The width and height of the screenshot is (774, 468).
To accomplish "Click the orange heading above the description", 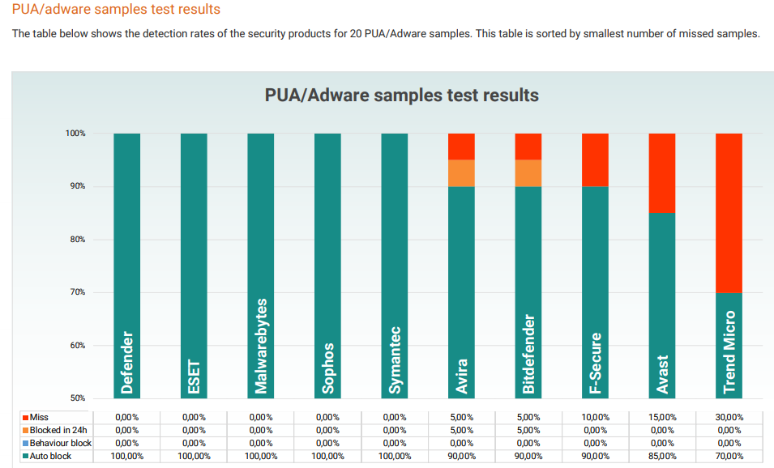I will (116, 10).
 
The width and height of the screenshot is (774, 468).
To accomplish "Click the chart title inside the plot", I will (401, 96).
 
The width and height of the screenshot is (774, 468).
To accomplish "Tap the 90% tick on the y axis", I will (76, 186).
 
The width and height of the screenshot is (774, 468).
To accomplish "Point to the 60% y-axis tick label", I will (76, 346).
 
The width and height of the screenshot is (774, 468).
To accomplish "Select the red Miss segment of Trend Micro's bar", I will (729, 212).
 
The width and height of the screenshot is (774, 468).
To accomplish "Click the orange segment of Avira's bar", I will (461, 172).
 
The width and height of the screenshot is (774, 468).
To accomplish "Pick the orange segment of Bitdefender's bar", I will (528, 172).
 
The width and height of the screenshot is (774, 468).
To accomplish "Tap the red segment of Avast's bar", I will (662, 172).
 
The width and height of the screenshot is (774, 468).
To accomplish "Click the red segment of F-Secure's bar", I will (595, 160).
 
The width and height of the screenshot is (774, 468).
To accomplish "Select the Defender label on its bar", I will (127, 362).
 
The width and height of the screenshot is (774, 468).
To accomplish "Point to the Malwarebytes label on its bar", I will (261, 346).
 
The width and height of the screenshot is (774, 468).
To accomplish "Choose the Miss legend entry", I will (40, 417).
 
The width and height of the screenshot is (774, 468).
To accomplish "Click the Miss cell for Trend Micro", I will (729, 417).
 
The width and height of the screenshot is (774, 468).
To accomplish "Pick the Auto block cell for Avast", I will (662, 456).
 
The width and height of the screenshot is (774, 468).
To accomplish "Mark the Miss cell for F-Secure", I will (595, 417).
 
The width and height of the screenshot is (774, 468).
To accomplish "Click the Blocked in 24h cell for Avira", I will (461, 430).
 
